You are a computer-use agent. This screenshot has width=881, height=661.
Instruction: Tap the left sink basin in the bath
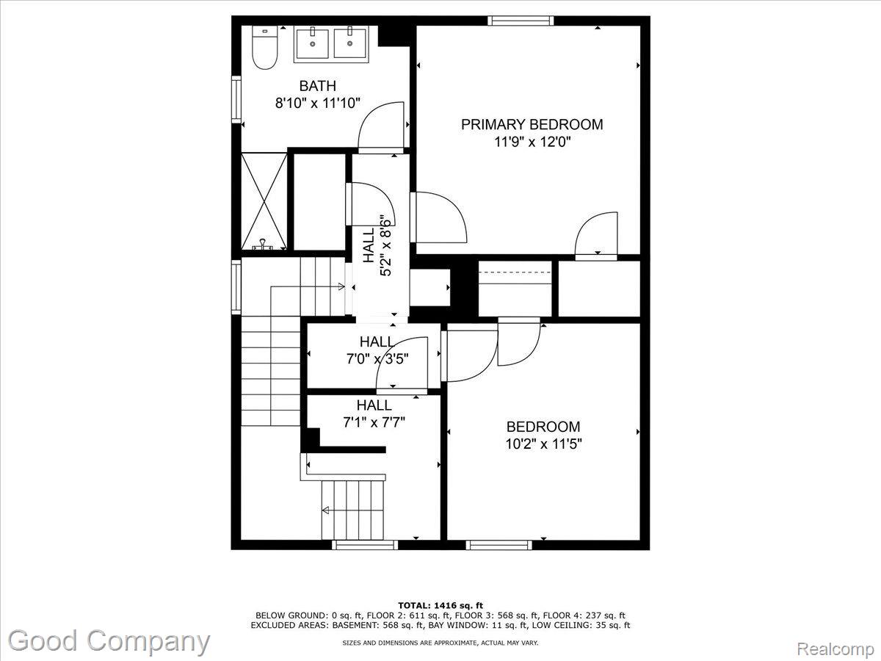tap(313, 43)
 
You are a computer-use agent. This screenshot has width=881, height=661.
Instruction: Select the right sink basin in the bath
tap(350, 43)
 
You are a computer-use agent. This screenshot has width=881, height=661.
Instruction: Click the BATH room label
tap(317, 86)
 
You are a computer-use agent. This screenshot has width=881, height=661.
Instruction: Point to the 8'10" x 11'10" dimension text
tap(317, 104)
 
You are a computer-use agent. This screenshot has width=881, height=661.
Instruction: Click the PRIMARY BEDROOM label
tap(532, 124)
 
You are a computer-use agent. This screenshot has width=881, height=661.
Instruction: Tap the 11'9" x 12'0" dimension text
tap(532, 142)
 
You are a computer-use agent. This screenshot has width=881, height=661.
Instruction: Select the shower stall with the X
tap(264, 201)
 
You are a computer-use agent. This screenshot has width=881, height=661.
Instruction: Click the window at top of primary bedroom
tap(521, 21)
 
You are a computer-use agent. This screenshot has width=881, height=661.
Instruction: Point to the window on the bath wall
tap(236, 99)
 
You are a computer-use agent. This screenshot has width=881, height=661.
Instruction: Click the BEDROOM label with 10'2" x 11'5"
tap(543, 427)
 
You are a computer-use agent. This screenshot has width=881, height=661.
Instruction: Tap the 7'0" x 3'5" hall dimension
tap(377, 359)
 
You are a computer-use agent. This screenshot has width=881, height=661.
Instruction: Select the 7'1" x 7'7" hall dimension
tap(374, 422)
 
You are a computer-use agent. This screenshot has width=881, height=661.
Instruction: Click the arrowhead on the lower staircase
tap(325, 510)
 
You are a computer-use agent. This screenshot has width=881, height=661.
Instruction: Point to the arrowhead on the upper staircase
tap(341, 286)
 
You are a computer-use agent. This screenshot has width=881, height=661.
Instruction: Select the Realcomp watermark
tap(835, 649)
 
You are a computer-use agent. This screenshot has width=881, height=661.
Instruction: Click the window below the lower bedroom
tap(499, 545)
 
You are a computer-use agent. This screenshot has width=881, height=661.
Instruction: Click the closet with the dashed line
tap(515, 289)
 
